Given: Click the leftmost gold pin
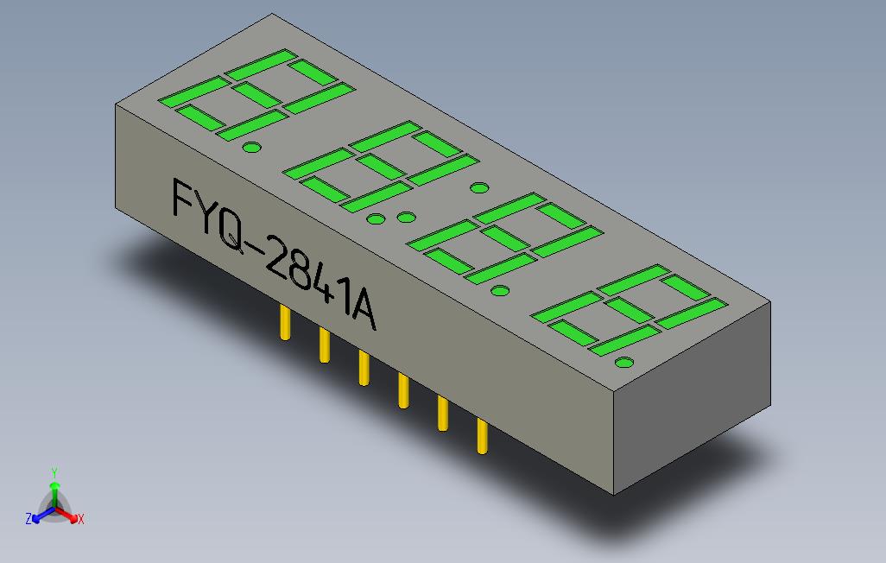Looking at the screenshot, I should [285, 323].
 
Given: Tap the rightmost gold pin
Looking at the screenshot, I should [482, 435].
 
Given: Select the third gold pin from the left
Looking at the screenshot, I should [364, 368].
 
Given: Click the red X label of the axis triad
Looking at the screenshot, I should [80, 519].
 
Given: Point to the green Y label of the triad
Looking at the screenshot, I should [54, 472].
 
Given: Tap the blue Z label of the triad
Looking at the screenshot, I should [28, 519].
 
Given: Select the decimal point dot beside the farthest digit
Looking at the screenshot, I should [251, 148].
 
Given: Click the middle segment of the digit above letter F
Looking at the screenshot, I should [254, 94].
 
